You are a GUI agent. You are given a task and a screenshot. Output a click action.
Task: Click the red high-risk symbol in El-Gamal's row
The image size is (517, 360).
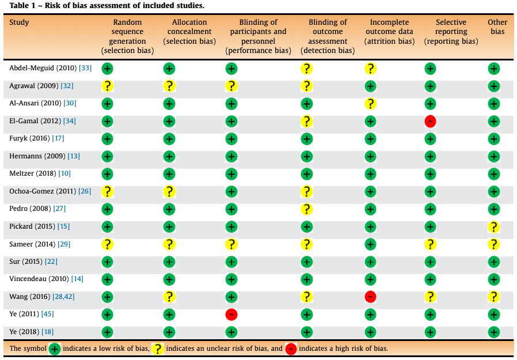[430, 122]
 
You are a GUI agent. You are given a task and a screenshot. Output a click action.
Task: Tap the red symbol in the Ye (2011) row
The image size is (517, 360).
[231, 314]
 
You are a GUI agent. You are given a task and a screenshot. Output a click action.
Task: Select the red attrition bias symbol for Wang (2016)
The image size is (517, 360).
[371, 297]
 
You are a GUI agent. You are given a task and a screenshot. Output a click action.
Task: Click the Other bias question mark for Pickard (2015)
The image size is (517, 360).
[494, 227]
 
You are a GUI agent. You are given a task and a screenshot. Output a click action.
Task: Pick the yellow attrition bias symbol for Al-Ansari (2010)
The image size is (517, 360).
[371, 104]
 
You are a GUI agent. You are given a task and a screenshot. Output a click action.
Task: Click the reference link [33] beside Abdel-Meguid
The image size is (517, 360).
[85, 68]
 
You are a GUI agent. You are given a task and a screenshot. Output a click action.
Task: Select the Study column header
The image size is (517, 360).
[19, 22]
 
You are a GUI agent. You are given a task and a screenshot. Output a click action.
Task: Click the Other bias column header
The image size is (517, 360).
[497, 26]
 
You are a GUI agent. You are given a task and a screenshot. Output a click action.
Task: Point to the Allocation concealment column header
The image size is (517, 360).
[189, 32]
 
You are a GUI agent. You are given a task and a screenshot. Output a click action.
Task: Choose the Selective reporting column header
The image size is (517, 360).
[451, 32]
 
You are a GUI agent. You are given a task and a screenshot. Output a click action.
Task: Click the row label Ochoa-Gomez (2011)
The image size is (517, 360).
[43, 191]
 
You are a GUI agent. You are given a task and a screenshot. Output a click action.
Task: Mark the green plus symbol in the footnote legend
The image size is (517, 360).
[55, 349]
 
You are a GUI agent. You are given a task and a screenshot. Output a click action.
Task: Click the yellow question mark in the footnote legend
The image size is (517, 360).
[158, 349]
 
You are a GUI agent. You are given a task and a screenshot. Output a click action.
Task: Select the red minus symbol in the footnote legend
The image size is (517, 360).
[291, 349]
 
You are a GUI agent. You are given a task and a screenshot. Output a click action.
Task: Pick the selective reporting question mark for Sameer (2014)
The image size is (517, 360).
[430, 244]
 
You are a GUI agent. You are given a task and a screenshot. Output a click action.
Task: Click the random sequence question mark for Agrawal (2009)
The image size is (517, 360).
[107, 86]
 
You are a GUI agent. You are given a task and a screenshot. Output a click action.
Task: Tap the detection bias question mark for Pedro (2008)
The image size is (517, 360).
[307, 209]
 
